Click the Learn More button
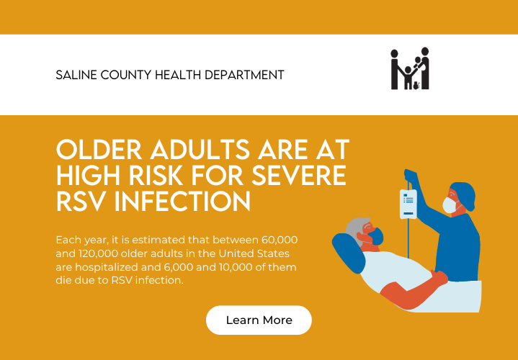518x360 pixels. point(259,320)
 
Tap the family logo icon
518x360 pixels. point(410,68)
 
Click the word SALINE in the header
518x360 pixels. point(76,75)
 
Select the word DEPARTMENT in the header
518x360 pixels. point(244,75)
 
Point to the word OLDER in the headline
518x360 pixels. point(99,150)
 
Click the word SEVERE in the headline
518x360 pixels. point(299,175)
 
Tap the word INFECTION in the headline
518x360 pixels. point(182,201)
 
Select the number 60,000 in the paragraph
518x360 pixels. point(280,240)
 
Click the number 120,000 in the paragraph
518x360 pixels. point(98,253)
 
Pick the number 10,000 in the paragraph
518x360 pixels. point(236,267)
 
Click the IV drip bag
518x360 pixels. point(408,204)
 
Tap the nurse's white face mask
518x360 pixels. point(450,204)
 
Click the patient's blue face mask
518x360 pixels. point(376,236)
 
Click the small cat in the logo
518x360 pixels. point(416,85)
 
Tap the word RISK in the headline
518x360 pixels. point(156,175)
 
